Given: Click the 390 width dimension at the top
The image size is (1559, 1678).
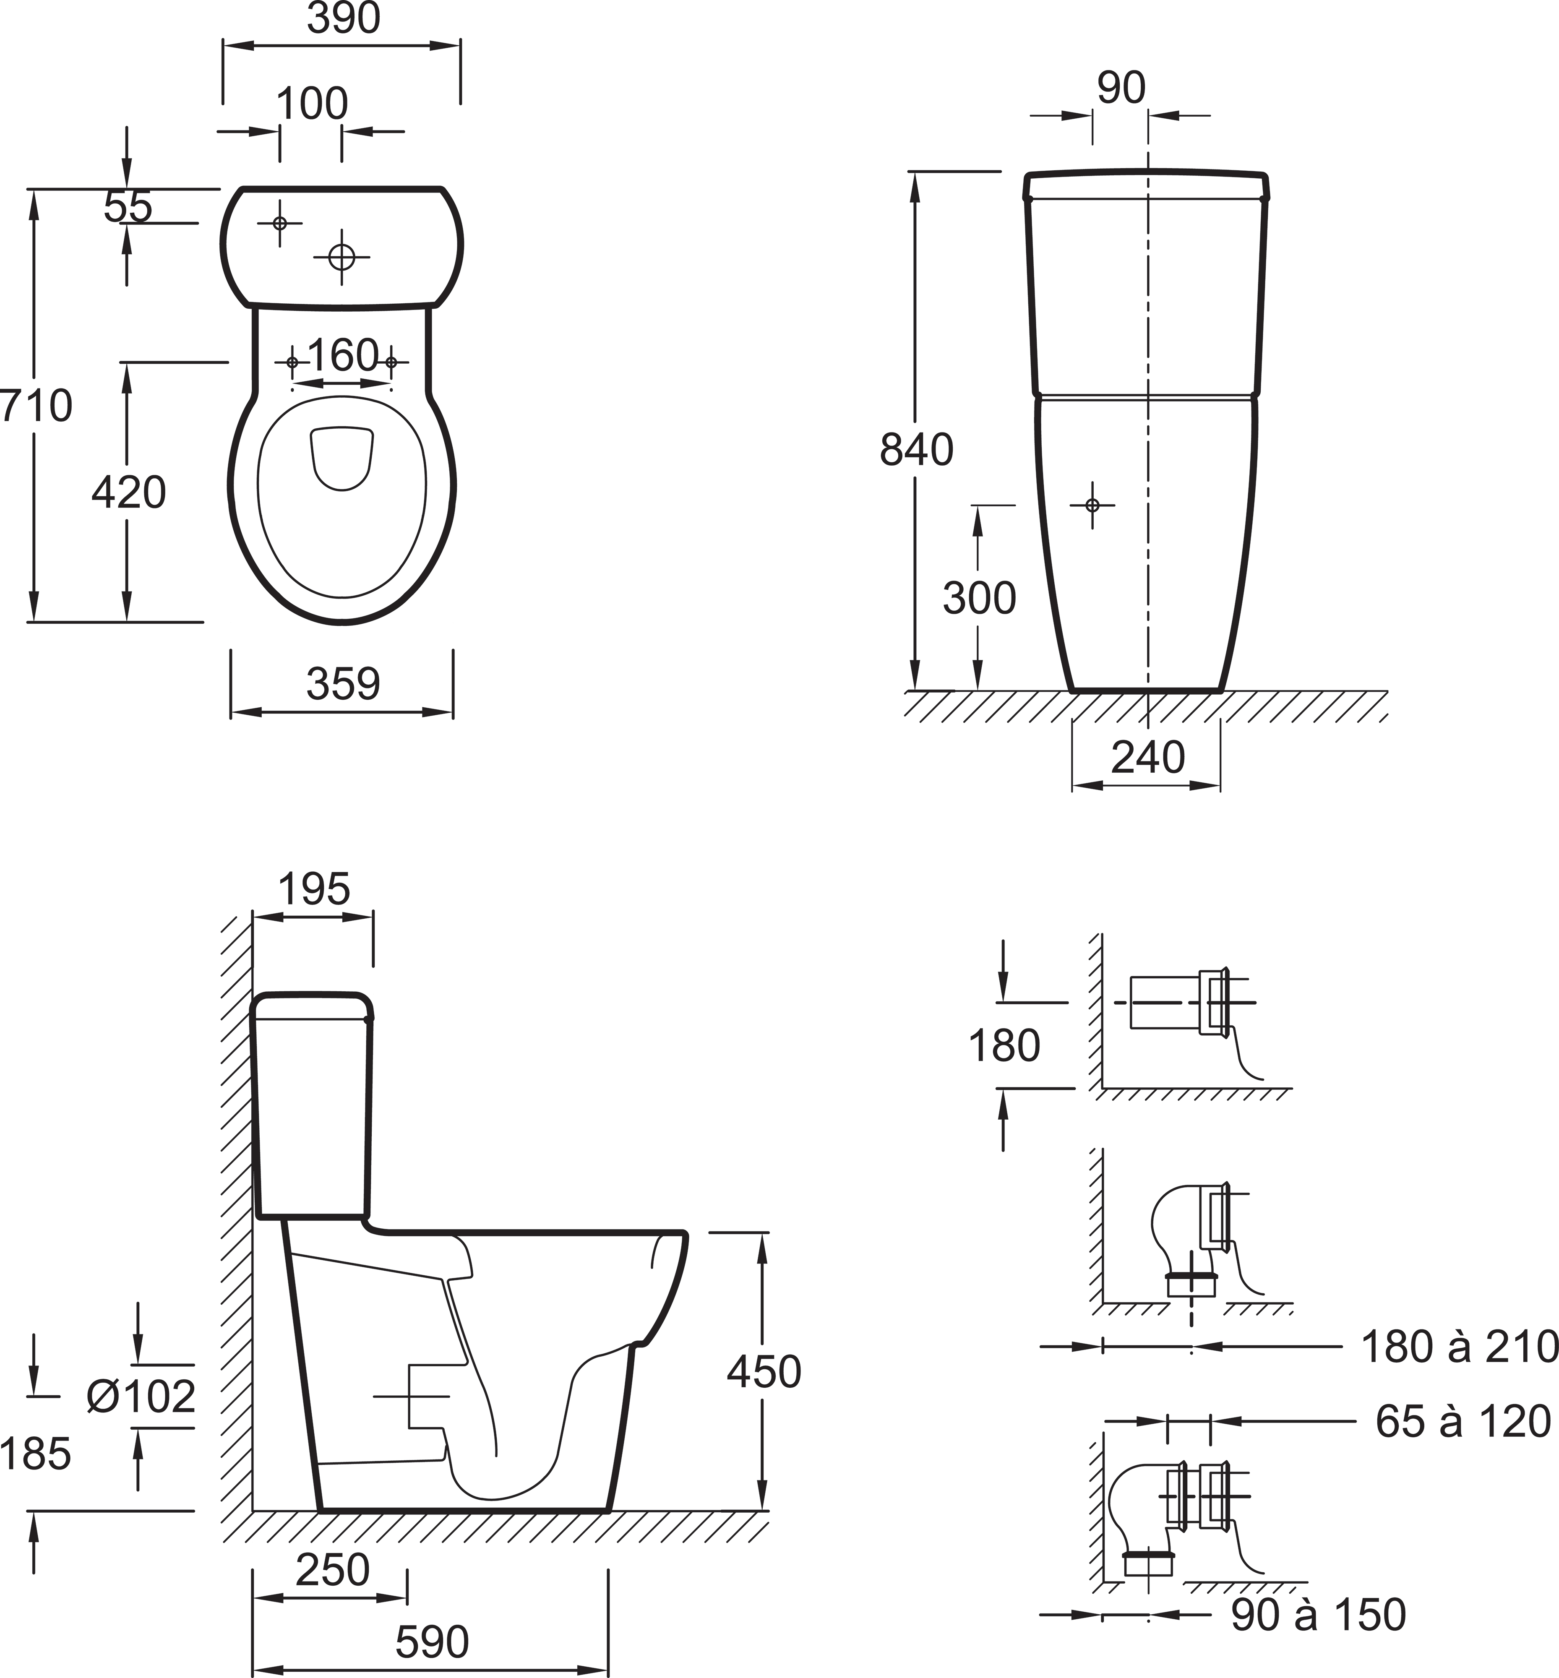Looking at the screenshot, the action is click(x=343, y=18).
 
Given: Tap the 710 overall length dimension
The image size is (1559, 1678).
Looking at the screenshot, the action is click(x=36, y=406).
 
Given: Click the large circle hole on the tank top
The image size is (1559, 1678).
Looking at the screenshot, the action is click(x=342, y=256).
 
